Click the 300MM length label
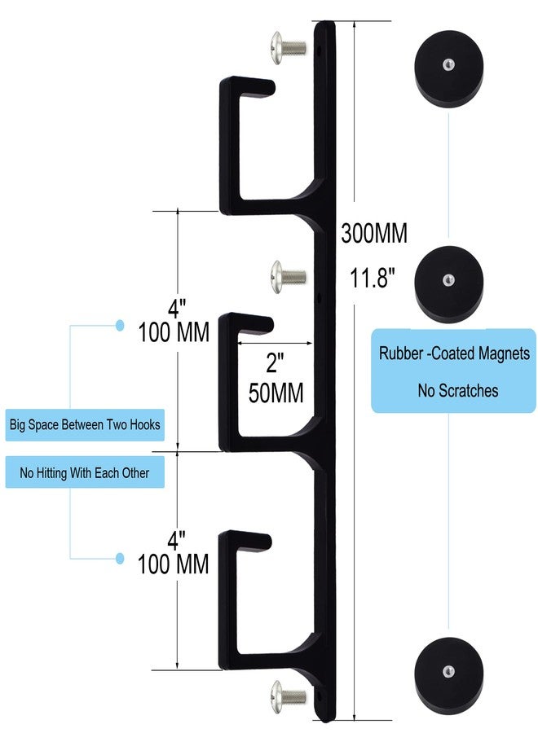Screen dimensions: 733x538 click(x=373, y=234)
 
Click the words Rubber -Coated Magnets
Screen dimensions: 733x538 click(x=454, y=354)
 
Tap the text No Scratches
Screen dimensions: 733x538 click(x=457, y=391)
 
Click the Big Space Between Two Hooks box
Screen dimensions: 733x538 click(x=85, y=424)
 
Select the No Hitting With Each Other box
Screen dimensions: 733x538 click(x=85, y=472)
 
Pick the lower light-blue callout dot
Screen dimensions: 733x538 click(x=120, y=558)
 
